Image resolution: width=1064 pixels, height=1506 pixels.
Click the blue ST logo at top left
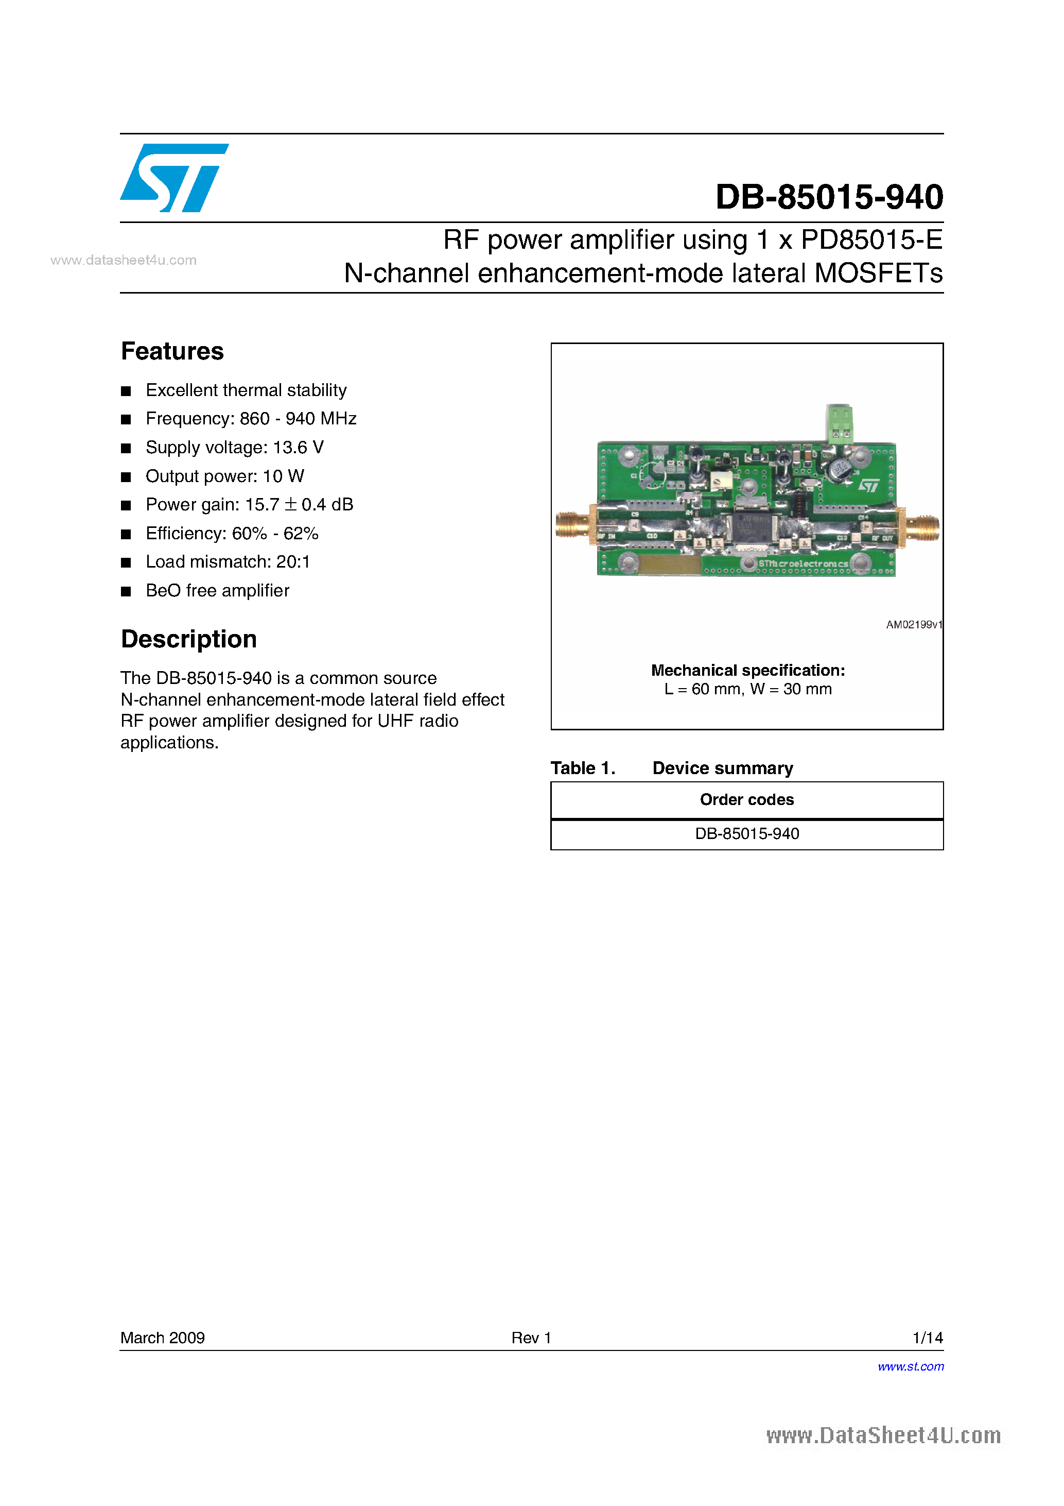tap(173, 178)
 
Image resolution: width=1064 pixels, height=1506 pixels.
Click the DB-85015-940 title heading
tap(829, 197)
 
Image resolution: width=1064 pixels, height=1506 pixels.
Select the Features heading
tap(172, 352)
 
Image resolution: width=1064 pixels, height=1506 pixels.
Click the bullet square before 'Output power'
tap(126, 477)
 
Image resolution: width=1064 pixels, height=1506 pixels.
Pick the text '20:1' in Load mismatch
tap(293, 562)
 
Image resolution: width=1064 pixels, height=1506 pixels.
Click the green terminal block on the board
tap(839, 422)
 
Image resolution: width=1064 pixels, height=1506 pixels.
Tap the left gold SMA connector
tap(573, 525)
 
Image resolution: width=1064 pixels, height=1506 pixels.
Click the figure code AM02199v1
tap(913, 624)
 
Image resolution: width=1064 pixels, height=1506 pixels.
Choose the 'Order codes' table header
tap(747, 799)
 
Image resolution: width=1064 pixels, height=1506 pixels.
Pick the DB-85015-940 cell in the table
tap(747, 834)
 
